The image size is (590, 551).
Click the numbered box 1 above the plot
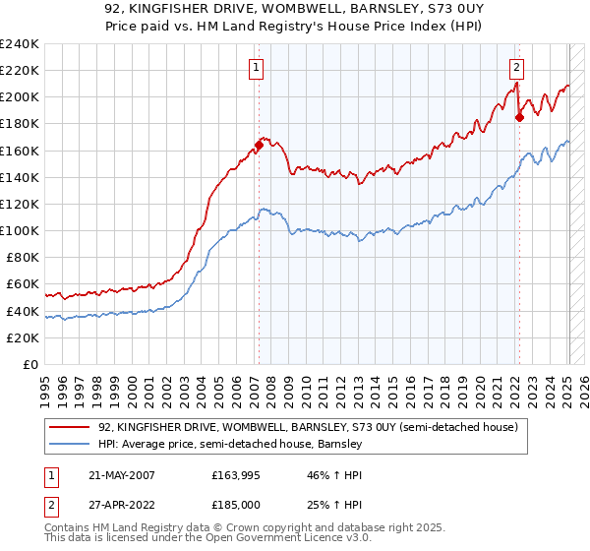click(x=256, y=68)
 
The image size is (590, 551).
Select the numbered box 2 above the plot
click(x=516, y=68)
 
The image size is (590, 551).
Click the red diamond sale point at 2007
click(x=259, y=145)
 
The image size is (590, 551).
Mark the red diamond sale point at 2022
click(x=519, y=117)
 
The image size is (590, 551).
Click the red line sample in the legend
click(x=70, y=428)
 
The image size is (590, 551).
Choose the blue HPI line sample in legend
click(x=70, y=445)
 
